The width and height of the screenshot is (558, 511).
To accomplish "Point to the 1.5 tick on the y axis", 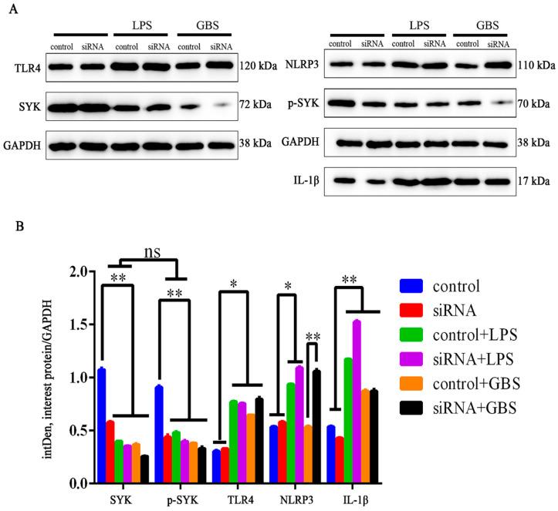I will [x=75, y=324].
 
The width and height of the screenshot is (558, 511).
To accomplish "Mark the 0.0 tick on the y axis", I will [x=75, y=483].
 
